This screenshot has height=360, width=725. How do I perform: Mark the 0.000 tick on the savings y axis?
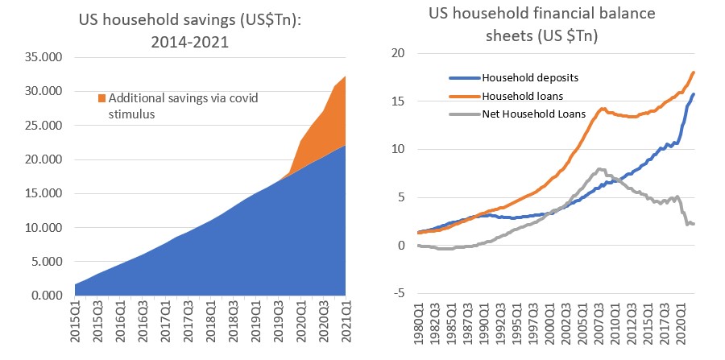pyautogui.click(x=38, y=296)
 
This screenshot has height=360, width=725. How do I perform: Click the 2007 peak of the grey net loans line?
pyautogui.click(x=599, y=169)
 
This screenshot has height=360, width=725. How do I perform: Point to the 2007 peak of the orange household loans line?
pyautogui.click(x=602, y=109)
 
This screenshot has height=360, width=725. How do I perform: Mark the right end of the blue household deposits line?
pyautogui.click(x=694, y=94)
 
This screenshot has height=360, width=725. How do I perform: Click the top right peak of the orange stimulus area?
pyautogui.click(x=346, y=77)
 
